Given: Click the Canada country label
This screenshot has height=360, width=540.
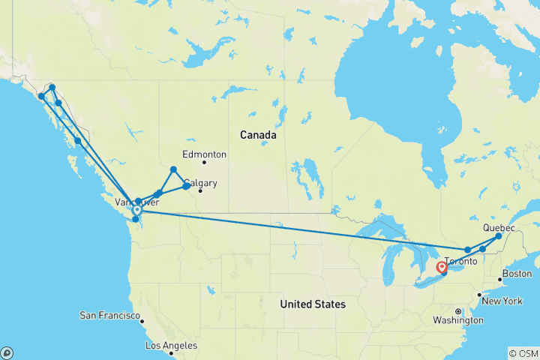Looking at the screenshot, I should click(258, 135).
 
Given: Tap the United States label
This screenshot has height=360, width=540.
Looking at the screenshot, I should click(313, 304).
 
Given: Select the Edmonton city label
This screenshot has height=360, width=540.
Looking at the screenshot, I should click(204, 154).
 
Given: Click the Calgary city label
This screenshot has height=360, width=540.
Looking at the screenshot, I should click(200, 182).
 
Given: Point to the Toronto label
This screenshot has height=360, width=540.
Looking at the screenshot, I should click(460, 262).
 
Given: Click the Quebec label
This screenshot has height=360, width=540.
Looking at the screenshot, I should click(499, 227).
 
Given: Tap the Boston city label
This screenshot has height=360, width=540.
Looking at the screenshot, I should click(517, 274).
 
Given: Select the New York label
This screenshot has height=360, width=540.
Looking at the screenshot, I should click(502, 301).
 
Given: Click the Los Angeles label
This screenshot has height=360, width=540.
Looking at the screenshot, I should click(172, 346).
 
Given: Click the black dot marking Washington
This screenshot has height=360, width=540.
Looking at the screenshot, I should click(457, 310).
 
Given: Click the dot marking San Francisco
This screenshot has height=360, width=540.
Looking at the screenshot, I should click(140, 319).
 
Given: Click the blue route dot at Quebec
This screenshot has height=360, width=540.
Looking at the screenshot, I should click(499, 236).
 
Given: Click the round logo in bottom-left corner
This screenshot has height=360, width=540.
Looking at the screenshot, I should click(7, 352).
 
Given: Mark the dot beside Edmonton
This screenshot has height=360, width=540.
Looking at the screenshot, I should click(203, 163).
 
